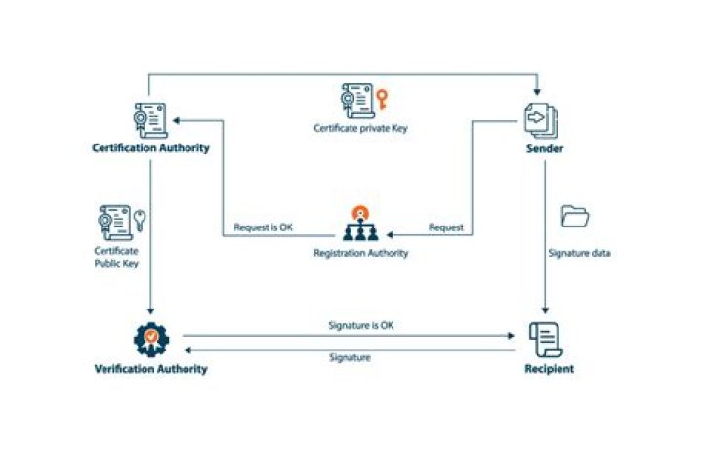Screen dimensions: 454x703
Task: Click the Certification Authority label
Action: (x=150, y=149)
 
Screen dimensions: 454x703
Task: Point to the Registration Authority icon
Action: (x=360, y=227)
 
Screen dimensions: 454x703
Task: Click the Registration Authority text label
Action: (x=360, y=253)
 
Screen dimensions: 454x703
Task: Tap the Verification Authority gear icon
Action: (x=150, y=339)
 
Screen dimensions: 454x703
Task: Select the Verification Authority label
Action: (x=150, y=369)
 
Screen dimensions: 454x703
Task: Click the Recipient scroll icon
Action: (x=544, y=338)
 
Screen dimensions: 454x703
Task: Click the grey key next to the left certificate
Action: (x=140, y=219)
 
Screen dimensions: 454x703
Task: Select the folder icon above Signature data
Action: (x=575, y=216)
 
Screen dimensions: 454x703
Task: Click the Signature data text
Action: (x=580, y=253)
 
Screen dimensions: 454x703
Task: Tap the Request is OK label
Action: (x=264, y=228)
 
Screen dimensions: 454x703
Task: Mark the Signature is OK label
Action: (x=360, y=325)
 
